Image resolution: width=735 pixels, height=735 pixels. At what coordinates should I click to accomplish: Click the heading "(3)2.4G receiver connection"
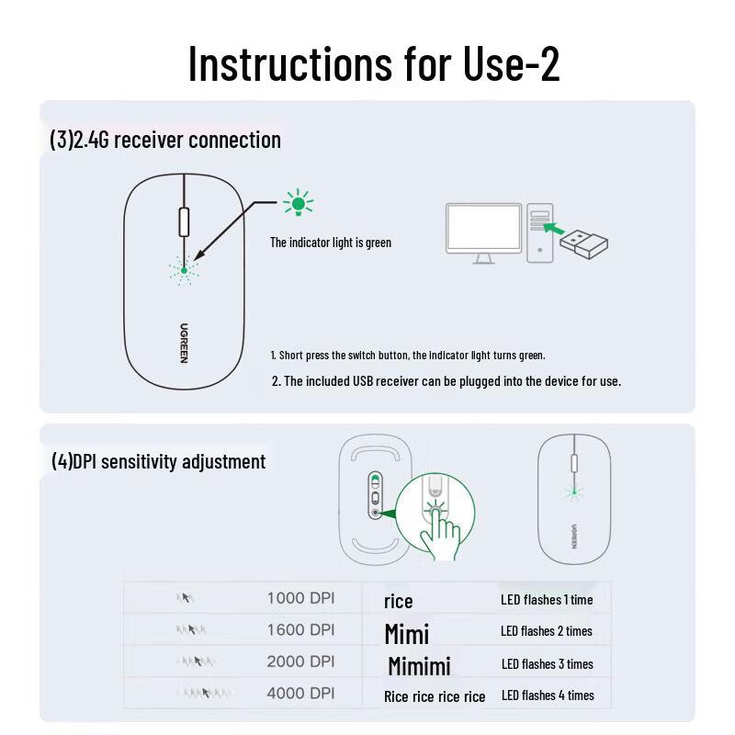[x=165, y=141]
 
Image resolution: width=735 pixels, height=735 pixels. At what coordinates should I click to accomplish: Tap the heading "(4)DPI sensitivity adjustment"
[x=158, y=461]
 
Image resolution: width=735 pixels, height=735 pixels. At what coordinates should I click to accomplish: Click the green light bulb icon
[x=298, y=203]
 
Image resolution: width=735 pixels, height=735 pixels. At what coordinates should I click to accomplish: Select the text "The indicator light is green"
[x=330, y=243]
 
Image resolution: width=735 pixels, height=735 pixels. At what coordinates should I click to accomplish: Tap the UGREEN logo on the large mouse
[x=184, y=342]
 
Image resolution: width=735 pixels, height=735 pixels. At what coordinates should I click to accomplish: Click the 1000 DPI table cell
[x=300, y=598]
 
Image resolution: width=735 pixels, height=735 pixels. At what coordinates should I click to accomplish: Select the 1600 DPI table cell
[x=300, y=630]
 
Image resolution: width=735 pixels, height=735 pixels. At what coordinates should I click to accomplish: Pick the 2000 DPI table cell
[x=300, y=661]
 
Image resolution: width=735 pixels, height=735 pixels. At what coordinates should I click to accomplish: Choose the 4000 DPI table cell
[x=300, y=694]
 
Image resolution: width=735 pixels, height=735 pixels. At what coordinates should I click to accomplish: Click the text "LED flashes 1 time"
[x=547, y=600]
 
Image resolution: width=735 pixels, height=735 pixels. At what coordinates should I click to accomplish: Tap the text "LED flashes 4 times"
[x=548, y=695]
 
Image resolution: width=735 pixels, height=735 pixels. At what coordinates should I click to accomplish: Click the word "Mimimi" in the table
[x=419, y=665]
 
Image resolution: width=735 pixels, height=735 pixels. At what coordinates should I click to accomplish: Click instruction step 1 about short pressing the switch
[x=407, y=355]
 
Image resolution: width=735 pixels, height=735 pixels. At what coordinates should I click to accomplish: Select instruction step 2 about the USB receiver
[x=446, y=381]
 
